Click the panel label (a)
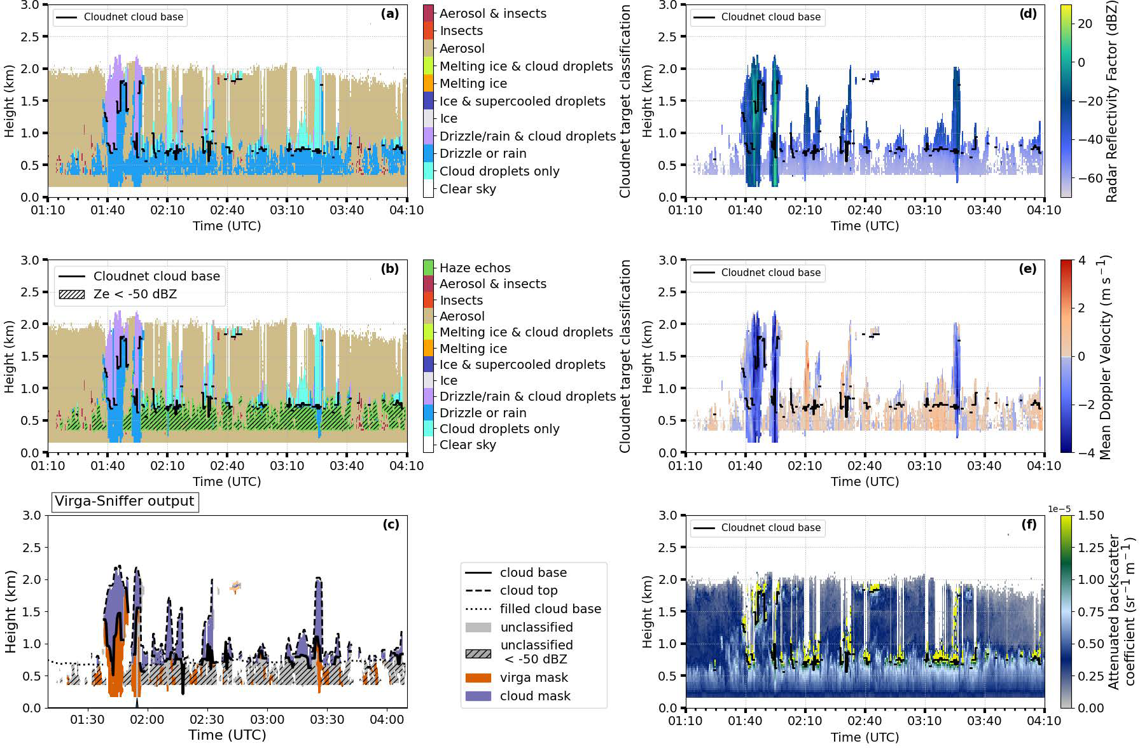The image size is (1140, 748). (x=389, y=14)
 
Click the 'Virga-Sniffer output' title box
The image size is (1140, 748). (x=125, y=501)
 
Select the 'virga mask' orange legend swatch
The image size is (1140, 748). (x=478, y=678)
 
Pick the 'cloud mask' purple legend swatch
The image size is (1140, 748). (x=478, y=696)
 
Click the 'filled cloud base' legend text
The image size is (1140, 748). (x=550, y=609)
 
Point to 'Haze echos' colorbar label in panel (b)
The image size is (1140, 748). (x=475, y=268)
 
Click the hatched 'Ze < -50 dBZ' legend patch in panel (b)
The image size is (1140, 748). (x=71, y=294)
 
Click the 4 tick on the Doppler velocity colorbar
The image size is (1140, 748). (x=1081, y=260)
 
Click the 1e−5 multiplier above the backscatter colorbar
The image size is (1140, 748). (x=1059, y=509)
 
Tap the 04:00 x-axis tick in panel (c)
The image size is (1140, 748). (x=387, y=720)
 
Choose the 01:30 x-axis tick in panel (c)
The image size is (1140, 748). (x=87, y=720)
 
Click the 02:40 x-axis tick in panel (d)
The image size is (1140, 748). (x=865, y=211)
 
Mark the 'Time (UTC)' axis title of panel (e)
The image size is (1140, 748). (x=865, y=481)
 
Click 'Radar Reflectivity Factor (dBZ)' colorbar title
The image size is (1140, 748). (x=1111, y=102)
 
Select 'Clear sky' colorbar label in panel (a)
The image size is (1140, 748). (x=468, y=189)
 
